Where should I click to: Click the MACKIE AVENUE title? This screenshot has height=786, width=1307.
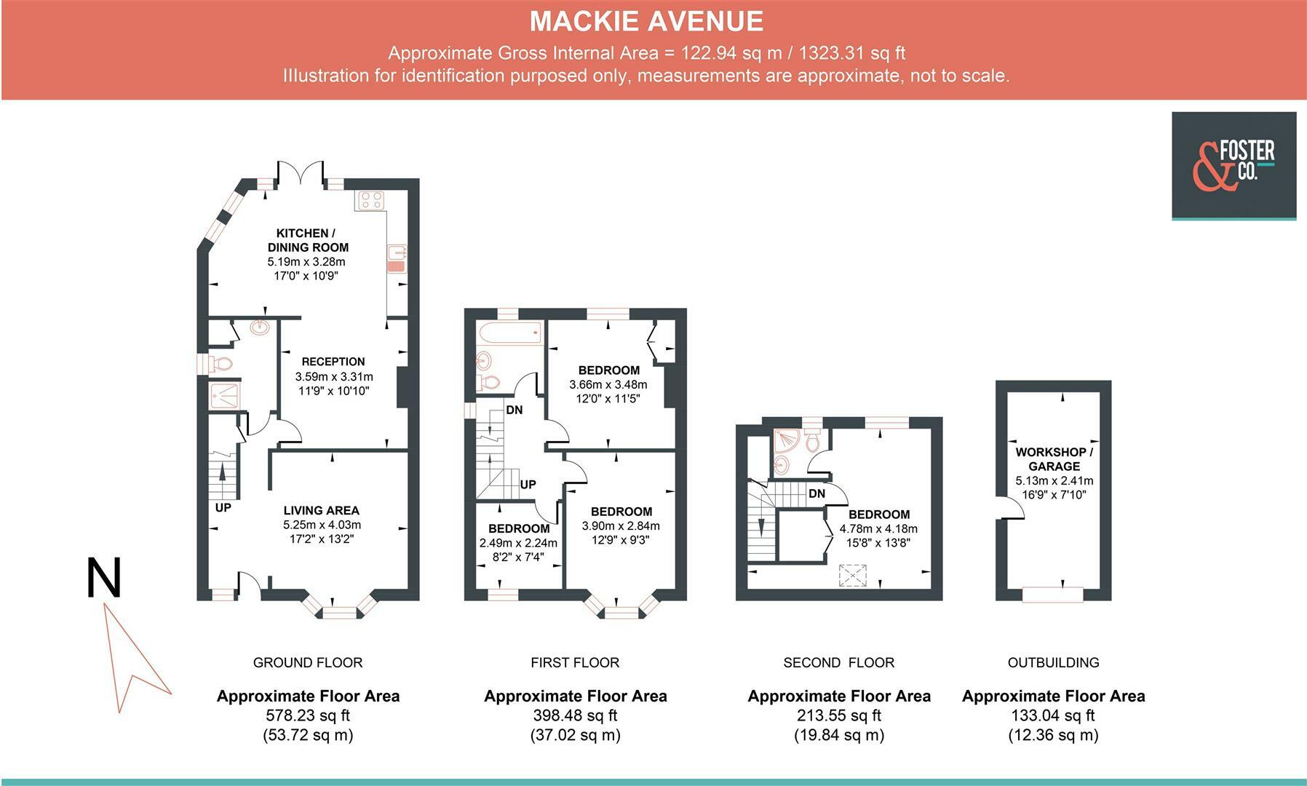646,21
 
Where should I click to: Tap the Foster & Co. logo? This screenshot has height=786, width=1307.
1233,166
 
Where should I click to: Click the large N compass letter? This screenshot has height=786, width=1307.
103,578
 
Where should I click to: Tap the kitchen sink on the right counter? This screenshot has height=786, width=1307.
397,259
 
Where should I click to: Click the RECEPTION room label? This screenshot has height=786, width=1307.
333,362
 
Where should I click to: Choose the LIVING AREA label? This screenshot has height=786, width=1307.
322,511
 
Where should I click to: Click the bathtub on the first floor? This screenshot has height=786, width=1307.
509,333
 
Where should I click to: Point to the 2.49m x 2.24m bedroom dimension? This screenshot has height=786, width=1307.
518,543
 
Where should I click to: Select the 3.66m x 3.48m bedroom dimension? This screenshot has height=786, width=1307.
608,384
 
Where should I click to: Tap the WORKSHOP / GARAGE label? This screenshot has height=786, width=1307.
1054,459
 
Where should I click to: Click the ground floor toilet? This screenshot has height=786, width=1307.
221,363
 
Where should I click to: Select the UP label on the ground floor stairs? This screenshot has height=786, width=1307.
223,507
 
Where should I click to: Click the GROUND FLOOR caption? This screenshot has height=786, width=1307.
308,662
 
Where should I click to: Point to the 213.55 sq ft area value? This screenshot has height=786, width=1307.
839,715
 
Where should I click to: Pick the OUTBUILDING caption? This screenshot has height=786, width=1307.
1054,662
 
